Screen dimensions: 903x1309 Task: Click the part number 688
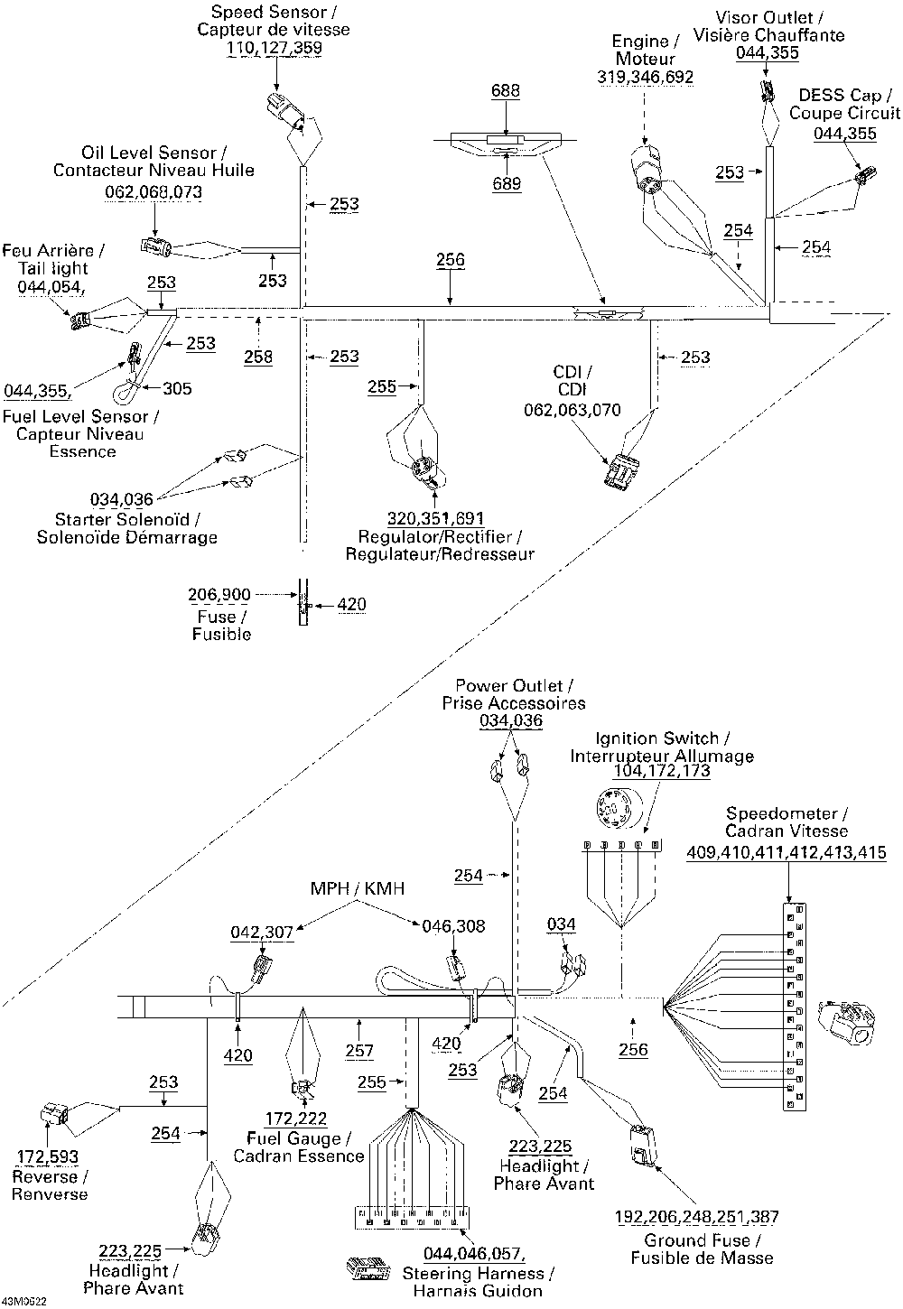[x=506, y=90]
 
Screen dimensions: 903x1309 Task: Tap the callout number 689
[x=507, y=183]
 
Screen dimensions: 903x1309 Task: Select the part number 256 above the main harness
[x=450, y=260]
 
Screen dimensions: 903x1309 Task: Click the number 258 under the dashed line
[x=258, y=357]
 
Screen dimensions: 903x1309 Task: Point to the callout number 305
[x=177, y=388]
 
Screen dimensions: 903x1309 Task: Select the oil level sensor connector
[x=156, y=247]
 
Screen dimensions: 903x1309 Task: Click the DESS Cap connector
[x=866, y=175]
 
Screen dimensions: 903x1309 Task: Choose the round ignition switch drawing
[x=615, y=808]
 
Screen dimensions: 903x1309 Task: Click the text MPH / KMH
[x=357, y=888]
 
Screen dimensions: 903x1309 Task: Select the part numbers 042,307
[x=261, y=932]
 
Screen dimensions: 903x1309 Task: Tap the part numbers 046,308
[x=453, y=925]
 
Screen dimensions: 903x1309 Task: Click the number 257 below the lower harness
[x=358, y=1051]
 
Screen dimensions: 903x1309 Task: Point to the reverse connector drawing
[x=54, y=1114]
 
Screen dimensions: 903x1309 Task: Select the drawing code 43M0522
[x=24, y=1302]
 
